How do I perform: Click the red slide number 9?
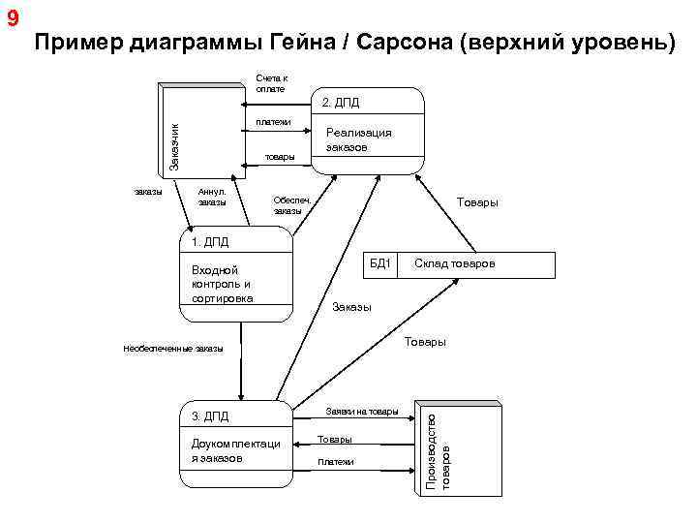[11, 18]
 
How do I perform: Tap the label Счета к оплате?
[271, 83]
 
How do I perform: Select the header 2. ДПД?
[341, 102]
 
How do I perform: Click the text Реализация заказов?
[358, 140]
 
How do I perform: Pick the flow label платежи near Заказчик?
[273, 121]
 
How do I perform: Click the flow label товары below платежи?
[280, 156]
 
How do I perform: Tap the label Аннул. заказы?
[211, 197]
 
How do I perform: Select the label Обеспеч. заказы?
[289, 204]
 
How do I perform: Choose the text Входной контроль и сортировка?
[223, 284]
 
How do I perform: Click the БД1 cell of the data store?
[379, 263]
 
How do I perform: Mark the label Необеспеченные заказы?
[173, 349]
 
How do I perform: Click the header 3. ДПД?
[210, 416]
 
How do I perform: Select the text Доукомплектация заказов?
[235, 450]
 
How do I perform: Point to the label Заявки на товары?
[361, 412]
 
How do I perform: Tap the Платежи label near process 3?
[336, 462]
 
